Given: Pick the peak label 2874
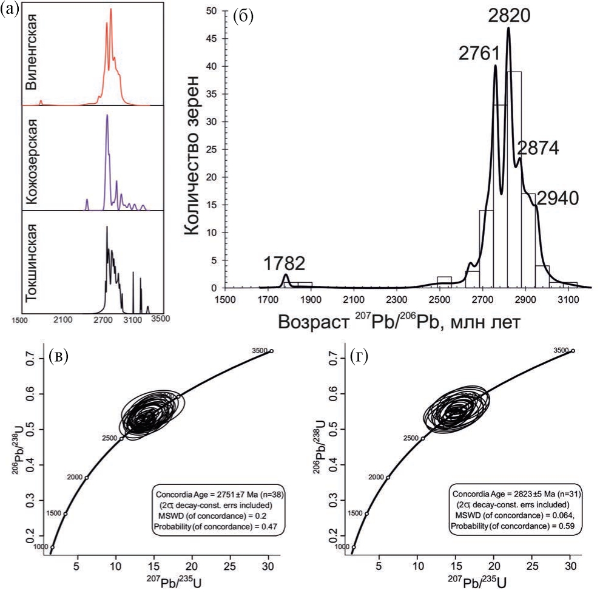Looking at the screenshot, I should coord(538,149).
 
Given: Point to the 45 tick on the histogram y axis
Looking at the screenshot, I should coord(212,39).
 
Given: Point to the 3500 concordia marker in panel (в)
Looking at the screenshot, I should coord(271,351).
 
